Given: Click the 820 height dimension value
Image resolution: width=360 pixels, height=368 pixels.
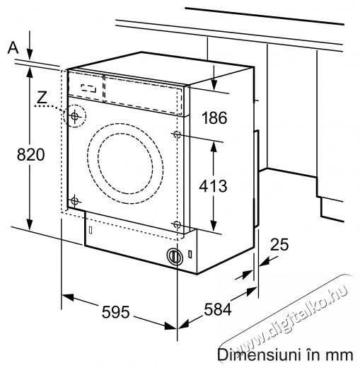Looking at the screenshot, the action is (30, 154).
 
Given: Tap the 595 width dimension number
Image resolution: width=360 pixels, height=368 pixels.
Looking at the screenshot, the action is (115, 311).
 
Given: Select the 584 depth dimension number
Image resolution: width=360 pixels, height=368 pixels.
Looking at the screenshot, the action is (217, 309).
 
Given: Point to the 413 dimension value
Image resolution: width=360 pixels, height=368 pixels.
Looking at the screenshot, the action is (213, 186).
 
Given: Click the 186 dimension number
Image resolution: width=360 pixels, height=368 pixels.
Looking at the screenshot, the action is (214, 117).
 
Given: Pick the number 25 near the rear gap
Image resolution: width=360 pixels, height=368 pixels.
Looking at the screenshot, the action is (279, 244).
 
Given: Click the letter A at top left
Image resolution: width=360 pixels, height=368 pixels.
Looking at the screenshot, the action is (13, 47).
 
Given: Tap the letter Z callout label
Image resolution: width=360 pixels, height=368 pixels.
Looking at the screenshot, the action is (42, 97).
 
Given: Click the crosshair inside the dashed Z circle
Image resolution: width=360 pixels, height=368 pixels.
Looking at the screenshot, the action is (75, 116).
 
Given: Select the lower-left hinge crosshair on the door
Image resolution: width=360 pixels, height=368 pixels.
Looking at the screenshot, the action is (75, 201).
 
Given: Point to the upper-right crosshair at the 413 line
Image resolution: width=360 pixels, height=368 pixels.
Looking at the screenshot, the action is (177, 134).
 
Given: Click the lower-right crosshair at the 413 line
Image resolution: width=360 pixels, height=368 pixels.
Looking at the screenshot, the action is (177, 224).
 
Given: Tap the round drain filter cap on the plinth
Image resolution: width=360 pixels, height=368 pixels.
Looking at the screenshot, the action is (175, 256).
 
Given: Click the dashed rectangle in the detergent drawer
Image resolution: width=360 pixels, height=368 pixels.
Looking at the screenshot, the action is (88, 88).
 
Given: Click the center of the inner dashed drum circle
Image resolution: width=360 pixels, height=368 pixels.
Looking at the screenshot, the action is (125, 163).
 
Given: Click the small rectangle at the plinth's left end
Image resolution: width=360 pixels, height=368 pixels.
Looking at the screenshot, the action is (91, 230).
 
